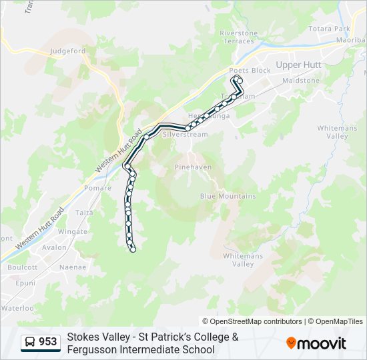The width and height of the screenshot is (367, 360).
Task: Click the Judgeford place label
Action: (x=68, y=50)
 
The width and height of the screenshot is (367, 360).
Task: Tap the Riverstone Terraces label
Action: (x=238, y=37)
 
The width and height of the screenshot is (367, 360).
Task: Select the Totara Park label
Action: (x=330, y=29)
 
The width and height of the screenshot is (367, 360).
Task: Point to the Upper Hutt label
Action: (x=298, y=65)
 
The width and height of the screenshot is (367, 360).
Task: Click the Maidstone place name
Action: (x=301, y=80)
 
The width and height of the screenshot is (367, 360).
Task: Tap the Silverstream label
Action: (x=186, y=134)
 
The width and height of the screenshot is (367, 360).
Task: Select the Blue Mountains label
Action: (x=228, y=196)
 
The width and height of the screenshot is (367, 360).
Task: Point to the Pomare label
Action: (x=98, y=189)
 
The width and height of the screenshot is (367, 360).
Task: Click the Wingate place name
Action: (x=73, y=231)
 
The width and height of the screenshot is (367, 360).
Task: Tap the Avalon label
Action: (x=54, y=247)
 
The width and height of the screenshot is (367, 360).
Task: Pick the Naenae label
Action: (x=73, y=267)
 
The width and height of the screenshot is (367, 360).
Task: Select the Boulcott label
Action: (x=22, y=267)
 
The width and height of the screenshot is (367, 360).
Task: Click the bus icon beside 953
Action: (x=30, y=342)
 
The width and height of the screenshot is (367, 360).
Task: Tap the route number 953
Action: (x=48, y=342)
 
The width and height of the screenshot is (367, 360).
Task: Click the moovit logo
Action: (x=316, y=343)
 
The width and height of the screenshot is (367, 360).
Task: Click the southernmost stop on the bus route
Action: (x=133, y=249)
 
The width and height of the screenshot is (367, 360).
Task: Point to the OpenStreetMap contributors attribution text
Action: (x=252, y=321)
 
